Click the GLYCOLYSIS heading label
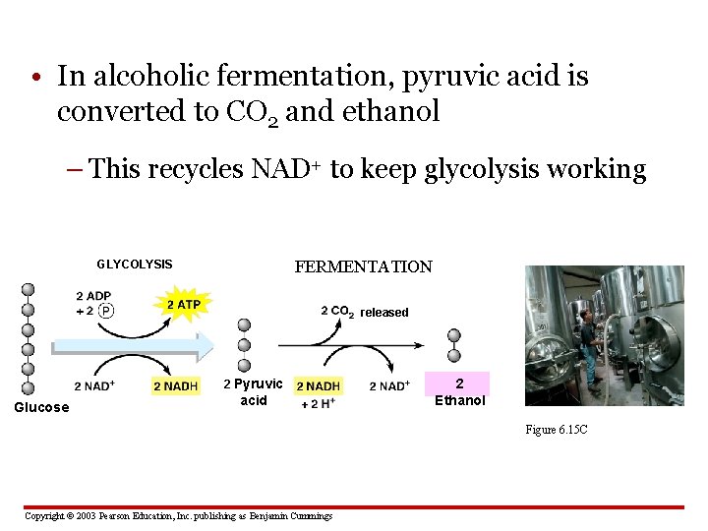click(x=134, y=265)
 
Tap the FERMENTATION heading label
click(x=363, y=266)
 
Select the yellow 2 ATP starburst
click(x=183, y=305)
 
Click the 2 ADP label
click(x=92, y=296)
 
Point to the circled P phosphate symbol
click(x=105, y=312)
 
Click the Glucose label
click(x=41, y=407)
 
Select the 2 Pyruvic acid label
click(x=253, y=391)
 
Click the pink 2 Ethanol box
click(x=459, y=391)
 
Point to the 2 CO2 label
click(x=337, y=312)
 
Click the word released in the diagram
click(x=383, y=313)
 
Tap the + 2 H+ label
click(x=318, y=403)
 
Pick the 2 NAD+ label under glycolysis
click(x=94, y=385)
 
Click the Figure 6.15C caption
click(x=557, y=430)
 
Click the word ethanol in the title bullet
click(x=390, y=112)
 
